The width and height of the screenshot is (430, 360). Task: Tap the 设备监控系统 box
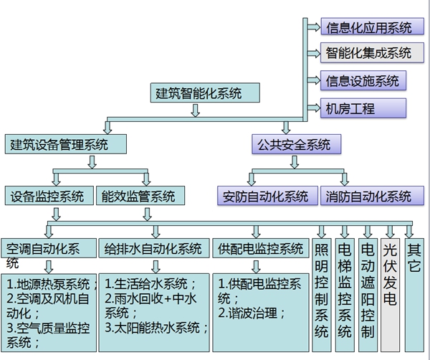pyautogui.click(x=48, y=196)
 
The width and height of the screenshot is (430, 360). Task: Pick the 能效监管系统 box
pyautogui.click(x=139, y=196)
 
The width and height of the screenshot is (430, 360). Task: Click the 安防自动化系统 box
pyautogui.click(x=265, y=196)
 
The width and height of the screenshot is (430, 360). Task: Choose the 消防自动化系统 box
pyautogui.click(x=368, y=196)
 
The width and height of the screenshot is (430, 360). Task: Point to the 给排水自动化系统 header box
pyautogui.click(x=153, y=249)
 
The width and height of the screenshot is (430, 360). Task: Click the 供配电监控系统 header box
pyautogui.click(x=260, y=249)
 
